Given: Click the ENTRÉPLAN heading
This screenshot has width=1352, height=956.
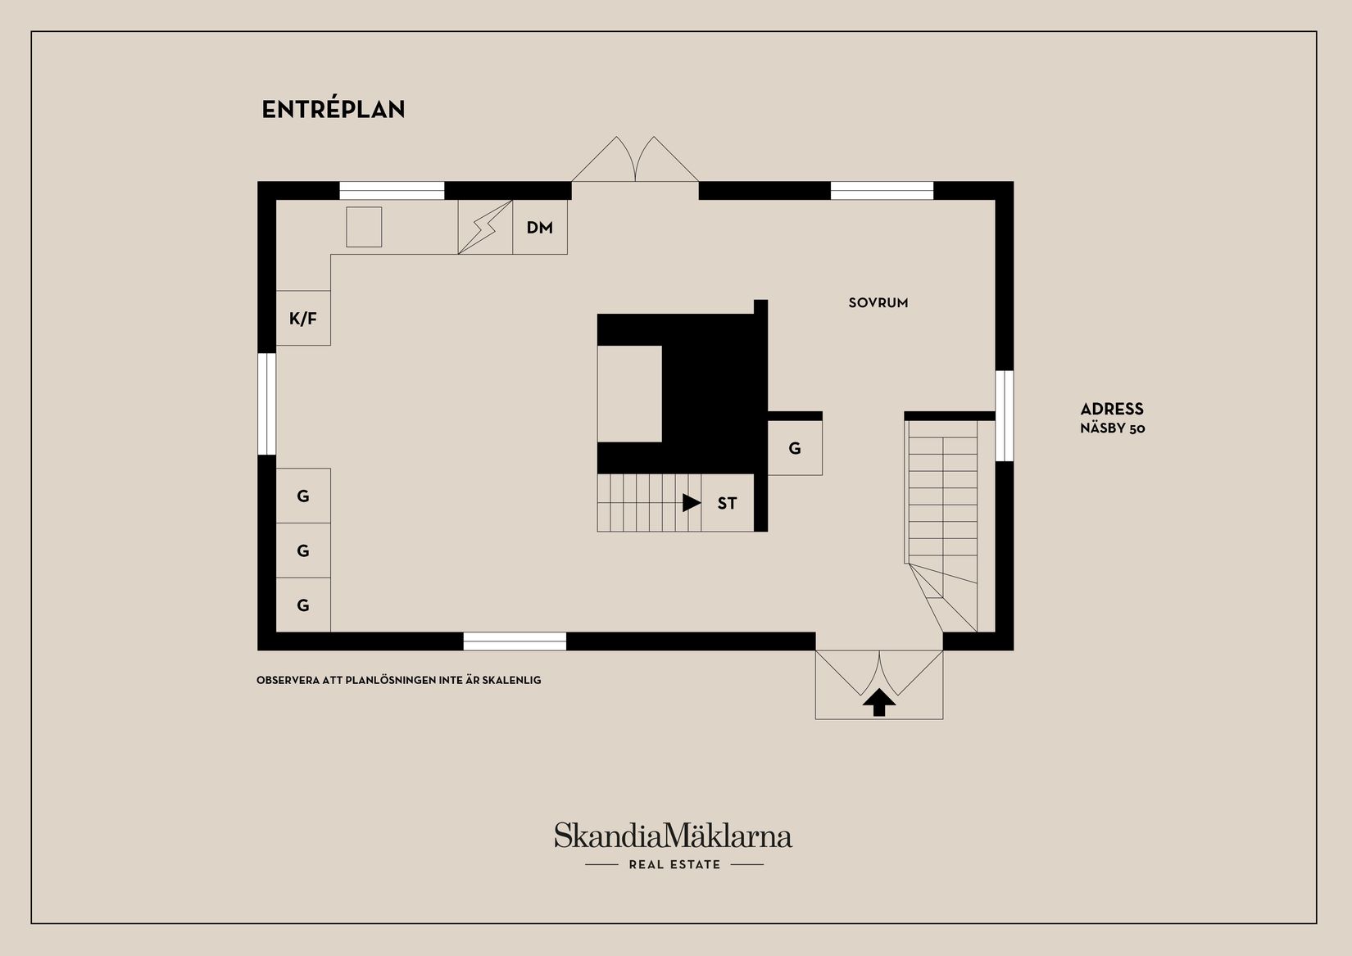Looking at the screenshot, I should tap(333, 110).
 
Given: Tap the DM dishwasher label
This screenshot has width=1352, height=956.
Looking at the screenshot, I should tap(539, 228).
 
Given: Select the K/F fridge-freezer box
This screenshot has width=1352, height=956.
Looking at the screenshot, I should tap(303, 319).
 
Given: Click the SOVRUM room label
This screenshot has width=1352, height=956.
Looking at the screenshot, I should tap(878, 303).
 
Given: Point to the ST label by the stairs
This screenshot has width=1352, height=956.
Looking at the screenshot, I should tap(727, 504).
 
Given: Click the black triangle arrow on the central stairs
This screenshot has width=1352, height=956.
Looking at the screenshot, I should tap(691, 503).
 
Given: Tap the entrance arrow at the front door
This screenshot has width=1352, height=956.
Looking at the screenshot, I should tap(879, 703).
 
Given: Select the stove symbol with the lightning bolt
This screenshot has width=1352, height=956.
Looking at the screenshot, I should tap(485, 227).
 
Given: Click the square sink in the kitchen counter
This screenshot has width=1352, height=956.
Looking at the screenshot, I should tap(364, 227).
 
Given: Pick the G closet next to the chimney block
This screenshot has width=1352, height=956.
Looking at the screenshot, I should tap(795, 448).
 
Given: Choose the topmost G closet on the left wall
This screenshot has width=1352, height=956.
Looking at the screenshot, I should tap(303, 496).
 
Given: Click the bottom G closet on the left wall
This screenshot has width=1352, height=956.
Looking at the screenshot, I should tap(303, 605).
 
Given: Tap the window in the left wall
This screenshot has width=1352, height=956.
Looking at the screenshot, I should tap(267, 403).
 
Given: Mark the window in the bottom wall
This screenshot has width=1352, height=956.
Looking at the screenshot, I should tap(515, 641).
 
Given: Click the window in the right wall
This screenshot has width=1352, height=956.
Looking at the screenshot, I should tap(1005, 415).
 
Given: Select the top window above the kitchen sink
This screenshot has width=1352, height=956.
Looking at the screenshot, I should tap(392, 191).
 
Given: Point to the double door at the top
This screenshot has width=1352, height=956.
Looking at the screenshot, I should tap(635, 161).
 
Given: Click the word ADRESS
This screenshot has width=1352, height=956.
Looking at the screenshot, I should tap(1111, 410).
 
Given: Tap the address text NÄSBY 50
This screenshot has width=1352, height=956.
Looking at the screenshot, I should tap(1112, 428).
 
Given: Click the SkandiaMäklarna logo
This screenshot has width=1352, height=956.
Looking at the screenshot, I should tap(673, 836).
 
